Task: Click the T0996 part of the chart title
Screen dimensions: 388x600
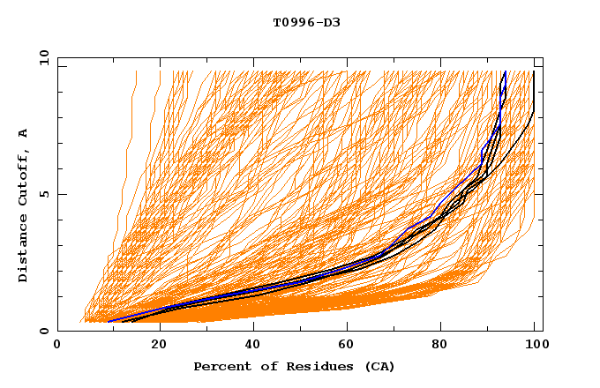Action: click(x=289, y=22)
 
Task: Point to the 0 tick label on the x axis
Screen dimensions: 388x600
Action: click(x=57, y=346)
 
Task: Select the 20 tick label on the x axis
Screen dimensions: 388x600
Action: click(x=154, y=346)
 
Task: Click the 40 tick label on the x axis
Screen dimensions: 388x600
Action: click(x=249, y=346)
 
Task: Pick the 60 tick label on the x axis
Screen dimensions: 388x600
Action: click(x=344, y=346)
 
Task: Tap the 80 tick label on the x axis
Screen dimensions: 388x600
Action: click(x=439, y=346)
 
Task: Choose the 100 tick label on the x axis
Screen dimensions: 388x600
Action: click(x=535, y=346)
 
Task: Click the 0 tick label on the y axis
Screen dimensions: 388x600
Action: click(x=43, y=331)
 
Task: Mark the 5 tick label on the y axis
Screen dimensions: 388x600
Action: click(x=43, y=194)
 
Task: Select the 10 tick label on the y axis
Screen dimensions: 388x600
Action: click(x=41, y=57)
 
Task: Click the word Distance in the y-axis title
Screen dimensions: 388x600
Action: click(x=24, y=250)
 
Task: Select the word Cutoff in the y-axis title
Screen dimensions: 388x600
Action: click(x=24, y=183)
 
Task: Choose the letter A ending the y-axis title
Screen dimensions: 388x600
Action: click(x=24, y=133)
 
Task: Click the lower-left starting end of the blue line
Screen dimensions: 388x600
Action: click(x=109, y=321)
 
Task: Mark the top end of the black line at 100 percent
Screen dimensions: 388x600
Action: click(x=534, y=72)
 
